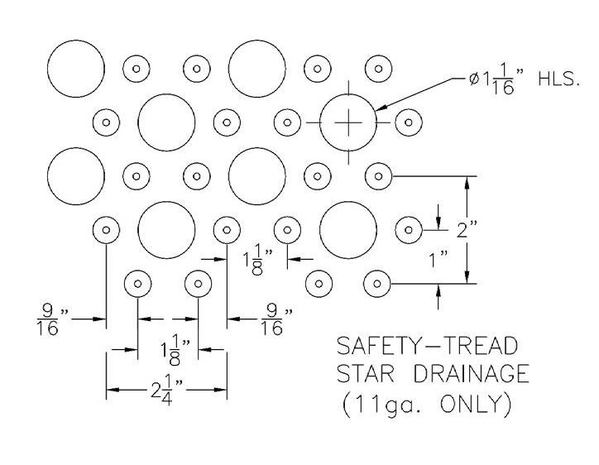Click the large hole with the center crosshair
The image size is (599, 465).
[x=348, y=123]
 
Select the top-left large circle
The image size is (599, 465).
[x=76, y=68]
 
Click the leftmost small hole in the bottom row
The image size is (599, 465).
[x=137, y=284]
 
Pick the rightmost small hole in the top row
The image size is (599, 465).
[x=376, y=68]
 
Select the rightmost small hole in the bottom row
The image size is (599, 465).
[x=376, y=284]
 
